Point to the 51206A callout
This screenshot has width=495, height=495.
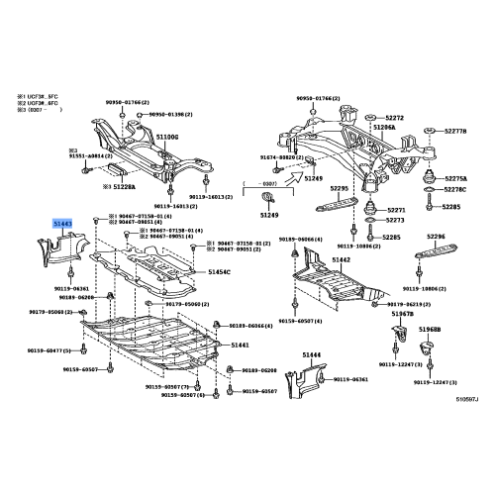coord(383,127)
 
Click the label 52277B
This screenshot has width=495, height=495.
coord(455,131)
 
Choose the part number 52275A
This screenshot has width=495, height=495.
coord(455,178)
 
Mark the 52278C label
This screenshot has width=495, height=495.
coord(455,189)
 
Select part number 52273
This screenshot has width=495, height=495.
coord(396,223)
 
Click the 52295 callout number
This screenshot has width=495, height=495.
coord(342,188)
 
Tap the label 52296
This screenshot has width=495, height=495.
coord(437,238)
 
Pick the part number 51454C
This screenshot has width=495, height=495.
coord(222,271)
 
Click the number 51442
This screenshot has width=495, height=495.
coord(341,258)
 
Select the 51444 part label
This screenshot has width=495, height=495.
coord(312,353)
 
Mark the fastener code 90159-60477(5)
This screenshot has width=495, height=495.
coord(46,350)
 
